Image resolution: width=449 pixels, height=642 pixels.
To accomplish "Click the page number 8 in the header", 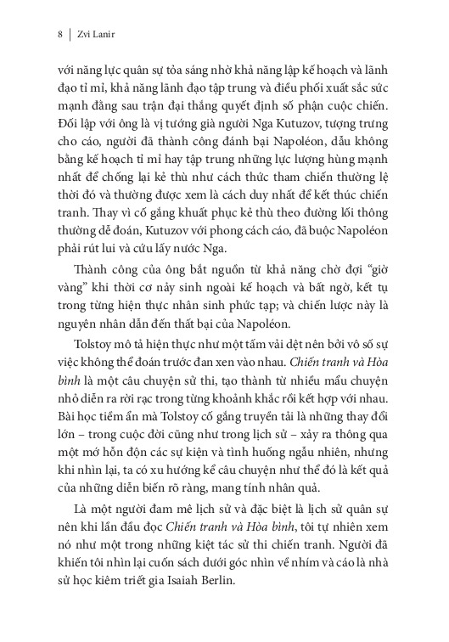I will click(x=59, y=36).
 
